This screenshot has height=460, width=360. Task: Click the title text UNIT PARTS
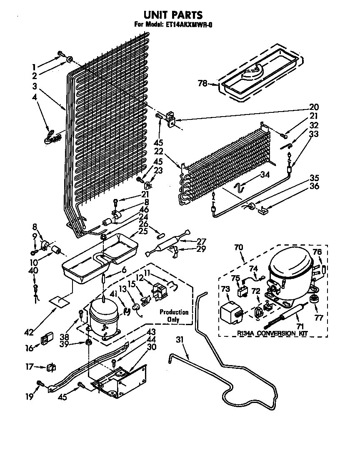click(175, 15)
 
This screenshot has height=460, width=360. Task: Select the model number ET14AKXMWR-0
click(188, 25)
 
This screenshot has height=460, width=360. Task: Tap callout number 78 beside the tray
click(202, 84)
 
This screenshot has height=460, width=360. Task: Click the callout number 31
click(180, 340)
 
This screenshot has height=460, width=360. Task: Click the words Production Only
click(174, 316)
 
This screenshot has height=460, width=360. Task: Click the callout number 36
click(315, 186)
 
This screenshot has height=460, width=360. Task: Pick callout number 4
click(35, 97)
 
